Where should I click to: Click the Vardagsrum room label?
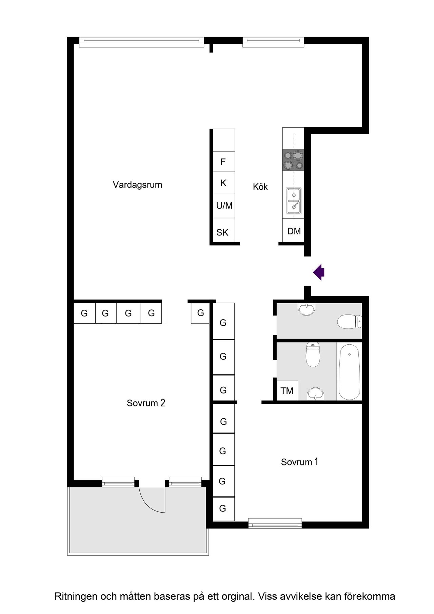pyautogui.click(x=137, y=185)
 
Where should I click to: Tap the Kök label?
pyautogui.click(x=260, y=187)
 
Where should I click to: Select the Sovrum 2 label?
pyautogui.click(x=146, y=403)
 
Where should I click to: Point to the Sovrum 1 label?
pyautogui.click(x=299, y=462)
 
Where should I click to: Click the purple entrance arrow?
pyautogui.click(x=319, y=272)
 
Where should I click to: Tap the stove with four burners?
pyautogui.click(x=294, y=160)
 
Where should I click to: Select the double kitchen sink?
pyautogui.click(x=294, y=201)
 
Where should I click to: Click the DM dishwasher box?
pyautogui.click(x=294, y=231)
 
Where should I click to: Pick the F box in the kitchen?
pyautogui.click(x=223, y=162)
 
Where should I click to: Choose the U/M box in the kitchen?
pyautogui.click(x=224, y=206)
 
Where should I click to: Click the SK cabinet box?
pyautogui.click(x=222, y=232)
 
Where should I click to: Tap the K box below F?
pyautogui.click(x=223, y=183)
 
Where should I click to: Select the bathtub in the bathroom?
pyautogui.click(x=349, y=371)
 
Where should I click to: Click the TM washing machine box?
pyautogui.click(x=287, y=391)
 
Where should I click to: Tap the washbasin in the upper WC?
pyautogui.click(x=307, y=309)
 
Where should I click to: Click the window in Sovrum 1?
pyautogui.click(x=275, y=523)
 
